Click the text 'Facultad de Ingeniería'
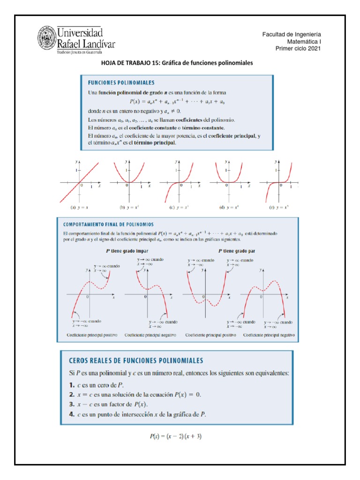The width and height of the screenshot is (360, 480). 291,35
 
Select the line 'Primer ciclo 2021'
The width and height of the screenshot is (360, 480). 298,48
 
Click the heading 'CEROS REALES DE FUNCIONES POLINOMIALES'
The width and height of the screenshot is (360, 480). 136,360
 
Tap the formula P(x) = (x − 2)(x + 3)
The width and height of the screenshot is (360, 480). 176,436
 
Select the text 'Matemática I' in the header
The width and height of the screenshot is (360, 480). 304,42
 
